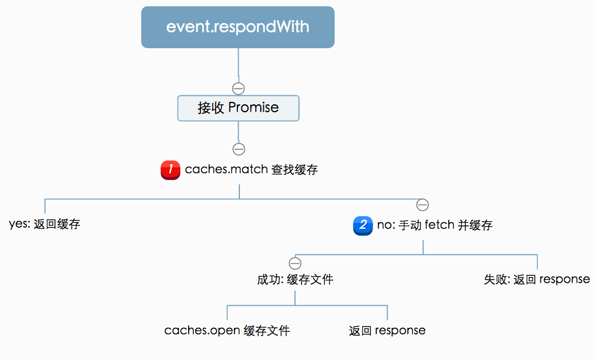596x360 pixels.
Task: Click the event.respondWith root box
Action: pyautogui.click(x=238, y=27)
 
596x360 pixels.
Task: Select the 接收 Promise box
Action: pyautogui.click(x=238, y=108)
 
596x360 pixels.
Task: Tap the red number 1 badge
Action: pyautogui.click(x=170, y=170)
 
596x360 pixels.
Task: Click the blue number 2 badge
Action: pyautogui.click(x=363, y=225)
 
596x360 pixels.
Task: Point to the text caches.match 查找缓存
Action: pyautogui.click(x=251, y=170)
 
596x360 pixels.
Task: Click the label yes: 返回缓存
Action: pyautogui.click(x=45, y=224)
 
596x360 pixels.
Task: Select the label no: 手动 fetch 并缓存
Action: pyautogui.click(x=434, y=225)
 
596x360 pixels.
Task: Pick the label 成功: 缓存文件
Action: pyautogui.click(x=295, y=279)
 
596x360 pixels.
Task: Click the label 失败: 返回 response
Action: pyautogui.click(x=537, y=279)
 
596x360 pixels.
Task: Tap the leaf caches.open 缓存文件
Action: pyautogui.click(x=227, y=331)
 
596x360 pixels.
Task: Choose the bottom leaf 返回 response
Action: pyautogui.click(x=387, y=331)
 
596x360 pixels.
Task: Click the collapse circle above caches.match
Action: pyautogui.click(x=239, y=149)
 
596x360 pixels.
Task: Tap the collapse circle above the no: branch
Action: pyautogui.click(x=422, y=204)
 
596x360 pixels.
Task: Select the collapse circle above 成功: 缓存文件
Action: pyautogui.click(x=295, y=264)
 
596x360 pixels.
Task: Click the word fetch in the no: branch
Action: pyautogui.click(x=440, y=225)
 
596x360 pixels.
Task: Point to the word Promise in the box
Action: pyautogui.click(x=253, y=108)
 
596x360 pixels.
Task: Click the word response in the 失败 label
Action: pyautogui.click(x=565, y=279)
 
